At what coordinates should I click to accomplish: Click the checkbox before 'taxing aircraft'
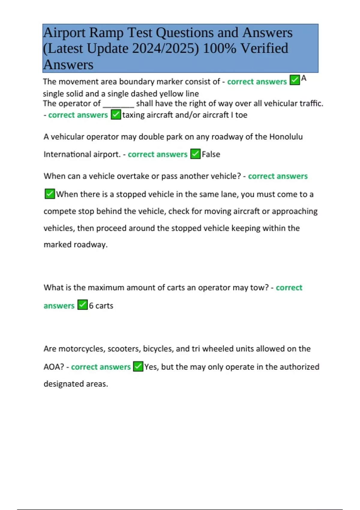(x=116, y=115)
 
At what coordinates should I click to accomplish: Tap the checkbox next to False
(x=195, y=154)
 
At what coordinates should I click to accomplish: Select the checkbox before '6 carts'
(x=82, y=305)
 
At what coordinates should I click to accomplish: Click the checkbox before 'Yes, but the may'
(x=138, y=366)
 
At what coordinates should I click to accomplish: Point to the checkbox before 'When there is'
(x=49, y=194)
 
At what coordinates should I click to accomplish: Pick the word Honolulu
(x=286, y=137)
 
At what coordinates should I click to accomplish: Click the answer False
(x=211, y=154)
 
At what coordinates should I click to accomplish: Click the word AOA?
(x=54, y=367)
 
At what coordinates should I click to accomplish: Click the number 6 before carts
(x=91, y=306)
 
